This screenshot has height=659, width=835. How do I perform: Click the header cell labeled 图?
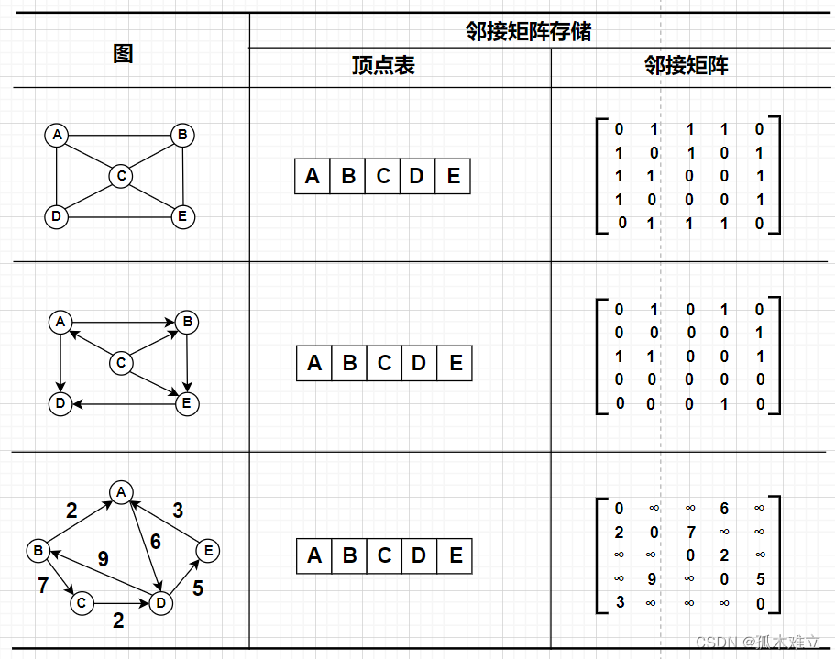[123, 53]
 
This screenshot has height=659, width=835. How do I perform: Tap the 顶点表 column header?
[383, 66]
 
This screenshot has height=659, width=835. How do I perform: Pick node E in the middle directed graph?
[187, 403]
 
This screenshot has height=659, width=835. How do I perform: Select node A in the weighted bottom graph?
[120, 492]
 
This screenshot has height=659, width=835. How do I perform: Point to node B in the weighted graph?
[38, 551]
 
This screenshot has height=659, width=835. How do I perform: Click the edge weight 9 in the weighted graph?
[103, 558]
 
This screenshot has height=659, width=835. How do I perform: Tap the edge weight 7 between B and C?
[43, 585]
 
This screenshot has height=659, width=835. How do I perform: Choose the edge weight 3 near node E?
[178, 511]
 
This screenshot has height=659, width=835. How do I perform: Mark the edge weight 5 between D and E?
[197, 588]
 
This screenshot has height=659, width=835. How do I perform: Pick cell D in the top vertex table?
[417, 176]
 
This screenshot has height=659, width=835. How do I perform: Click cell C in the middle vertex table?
[384, 363]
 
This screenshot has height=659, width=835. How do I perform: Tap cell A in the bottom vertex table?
[314, 555]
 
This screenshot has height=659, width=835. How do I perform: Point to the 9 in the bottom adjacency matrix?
[653, 579]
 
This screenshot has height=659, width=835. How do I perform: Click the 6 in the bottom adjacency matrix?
[724, 509]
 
